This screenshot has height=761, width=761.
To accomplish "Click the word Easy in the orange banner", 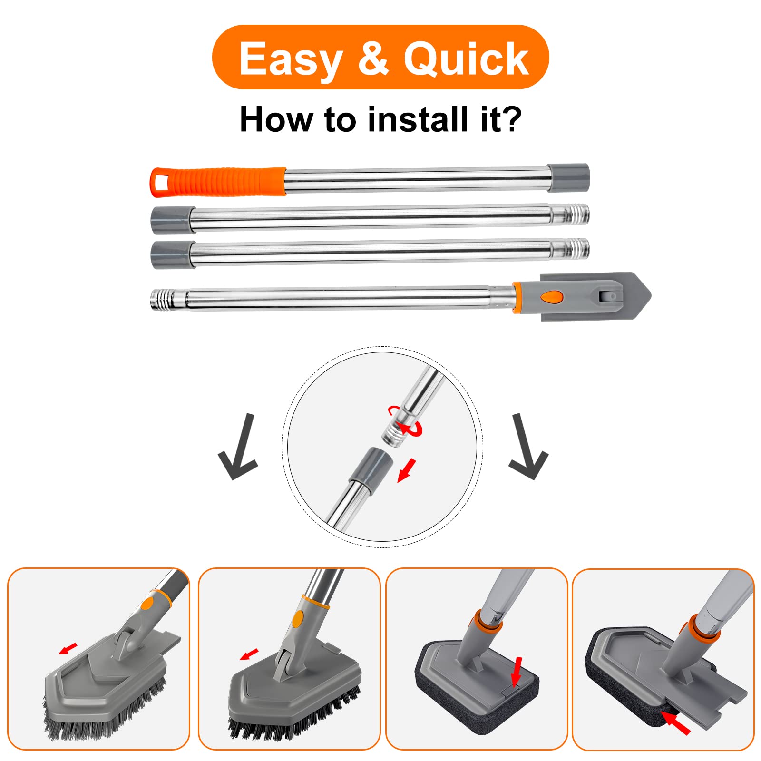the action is [291, 59].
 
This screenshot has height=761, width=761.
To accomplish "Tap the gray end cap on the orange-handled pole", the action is [568, 178].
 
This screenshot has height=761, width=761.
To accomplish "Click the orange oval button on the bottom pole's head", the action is [552, 297].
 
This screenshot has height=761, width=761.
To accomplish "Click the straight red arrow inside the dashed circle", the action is [407, 470].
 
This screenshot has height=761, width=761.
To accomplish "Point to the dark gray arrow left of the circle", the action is [238, 447].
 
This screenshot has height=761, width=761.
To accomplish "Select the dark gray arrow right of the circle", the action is [528, 447].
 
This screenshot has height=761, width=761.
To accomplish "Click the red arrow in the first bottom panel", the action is [68, 648].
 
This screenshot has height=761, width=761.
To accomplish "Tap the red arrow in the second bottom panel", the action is [249, 654].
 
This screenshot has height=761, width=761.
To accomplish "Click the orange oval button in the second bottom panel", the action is [298, 619].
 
